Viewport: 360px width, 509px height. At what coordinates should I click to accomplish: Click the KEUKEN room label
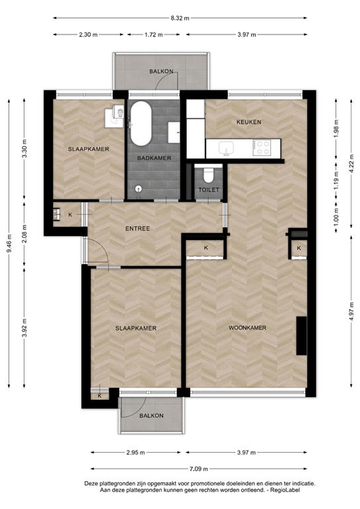[249, 122]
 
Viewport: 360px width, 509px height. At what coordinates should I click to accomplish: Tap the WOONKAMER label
[247, 328]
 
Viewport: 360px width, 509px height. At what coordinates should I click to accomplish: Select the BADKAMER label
[154, 158]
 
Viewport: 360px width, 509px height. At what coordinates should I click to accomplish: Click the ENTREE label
[137, 229]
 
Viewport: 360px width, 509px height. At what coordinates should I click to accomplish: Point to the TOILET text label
[208, 190]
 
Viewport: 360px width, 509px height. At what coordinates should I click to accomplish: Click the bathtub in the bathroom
[141, 125]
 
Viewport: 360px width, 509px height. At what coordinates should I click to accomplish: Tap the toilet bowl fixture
[207, 174]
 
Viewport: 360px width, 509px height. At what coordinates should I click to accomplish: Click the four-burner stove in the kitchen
[263, 147]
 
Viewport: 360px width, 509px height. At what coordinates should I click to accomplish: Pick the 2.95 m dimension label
[137, 453]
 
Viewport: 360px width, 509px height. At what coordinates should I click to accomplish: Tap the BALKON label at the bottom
[151, 416]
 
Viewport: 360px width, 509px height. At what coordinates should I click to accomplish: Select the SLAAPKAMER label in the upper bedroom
[88, 149]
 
